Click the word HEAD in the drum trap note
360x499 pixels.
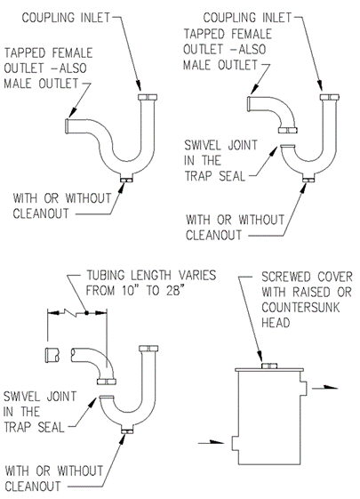pyautogui.click(x=276, y=323)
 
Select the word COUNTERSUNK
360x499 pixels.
pyautogui.click(x=300, y=308)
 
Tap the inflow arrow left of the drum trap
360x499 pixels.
pyautogui.click(x=212, y=442)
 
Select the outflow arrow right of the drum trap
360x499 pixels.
pyautogui.click(x=324, y=388)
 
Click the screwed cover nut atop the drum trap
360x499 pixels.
pyautogui.click(x=269, y=366)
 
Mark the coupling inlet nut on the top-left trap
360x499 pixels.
pyautogui.click(x=148, y=97)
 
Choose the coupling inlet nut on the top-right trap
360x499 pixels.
pyautogui.click(x=330, y=97)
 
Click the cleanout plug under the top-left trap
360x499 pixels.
pyautogui.click(x=126, y=181)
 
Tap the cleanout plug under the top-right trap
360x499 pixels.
pyautogui.click(x=308, y=181)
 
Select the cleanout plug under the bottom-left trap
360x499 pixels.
pyautogui.click(x=127, y=431)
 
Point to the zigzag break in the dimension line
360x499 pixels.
pyautogui.click(x=71, y=312)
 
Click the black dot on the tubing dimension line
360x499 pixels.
pyautogui.click(x=86, y=313)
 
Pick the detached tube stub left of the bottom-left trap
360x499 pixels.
pyautogui.click(x=52, y=355)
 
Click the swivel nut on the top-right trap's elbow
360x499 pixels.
pyautogui.click(x=288, y=130)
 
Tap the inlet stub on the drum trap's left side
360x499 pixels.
pyautogui.click(x=235, y=442)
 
